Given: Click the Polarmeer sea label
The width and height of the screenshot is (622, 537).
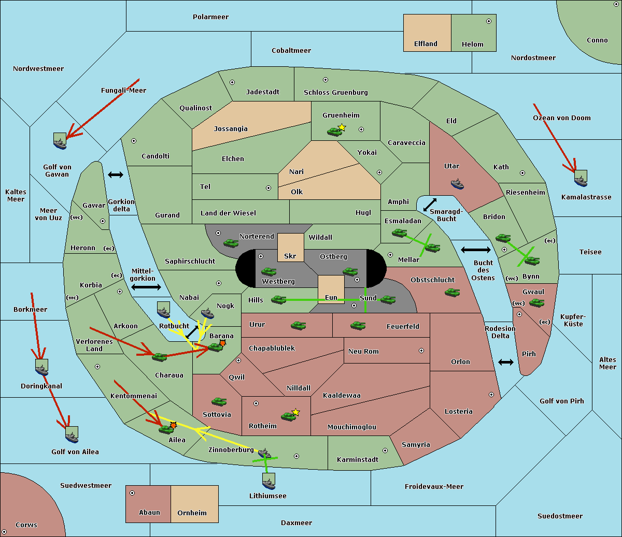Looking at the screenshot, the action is [x=210, y=17].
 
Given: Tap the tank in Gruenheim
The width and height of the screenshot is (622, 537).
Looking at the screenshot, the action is [x=334, y=132].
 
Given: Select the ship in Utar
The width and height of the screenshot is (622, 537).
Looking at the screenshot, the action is [x=457, y=184].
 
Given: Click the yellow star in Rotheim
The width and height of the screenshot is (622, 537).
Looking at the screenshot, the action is [x=296, y=412].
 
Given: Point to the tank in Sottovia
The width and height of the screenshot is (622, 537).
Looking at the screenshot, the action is [x=219, y=401].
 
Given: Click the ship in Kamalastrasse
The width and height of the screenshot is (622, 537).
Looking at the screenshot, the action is [x=581, y=179].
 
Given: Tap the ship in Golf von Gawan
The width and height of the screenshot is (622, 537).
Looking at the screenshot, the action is [x=60, y=141].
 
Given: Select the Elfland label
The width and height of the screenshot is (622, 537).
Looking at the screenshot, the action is [x=426, y=44].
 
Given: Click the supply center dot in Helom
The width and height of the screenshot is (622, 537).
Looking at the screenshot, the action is [x=489, y=21].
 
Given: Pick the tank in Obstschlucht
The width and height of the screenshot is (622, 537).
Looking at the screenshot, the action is [x=453, y=292].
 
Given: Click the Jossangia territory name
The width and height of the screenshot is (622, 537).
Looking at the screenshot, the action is [x=231, y=129].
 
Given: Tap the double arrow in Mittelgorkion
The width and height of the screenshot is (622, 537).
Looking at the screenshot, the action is [x=146, y=287].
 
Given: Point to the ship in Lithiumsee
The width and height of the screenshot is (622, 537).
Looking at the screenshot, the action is [x=268, y=482].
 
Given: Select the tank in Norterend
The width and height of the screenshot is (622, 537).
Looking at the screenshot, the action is [x=231, y=243].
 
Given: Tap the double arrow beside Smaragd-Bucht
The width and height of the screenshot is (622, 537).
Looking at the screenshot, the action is [x=430, y=205].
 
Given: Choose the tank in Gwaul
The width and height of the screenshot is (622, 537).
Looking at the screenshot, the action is [x=536, y=302].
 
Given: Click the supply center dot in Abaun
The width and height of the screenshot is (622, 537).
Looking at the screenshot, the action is [x=132, y=493].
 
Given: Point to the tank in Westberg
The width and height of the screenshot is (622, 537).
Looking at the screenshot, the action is [x=268, y=271].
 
